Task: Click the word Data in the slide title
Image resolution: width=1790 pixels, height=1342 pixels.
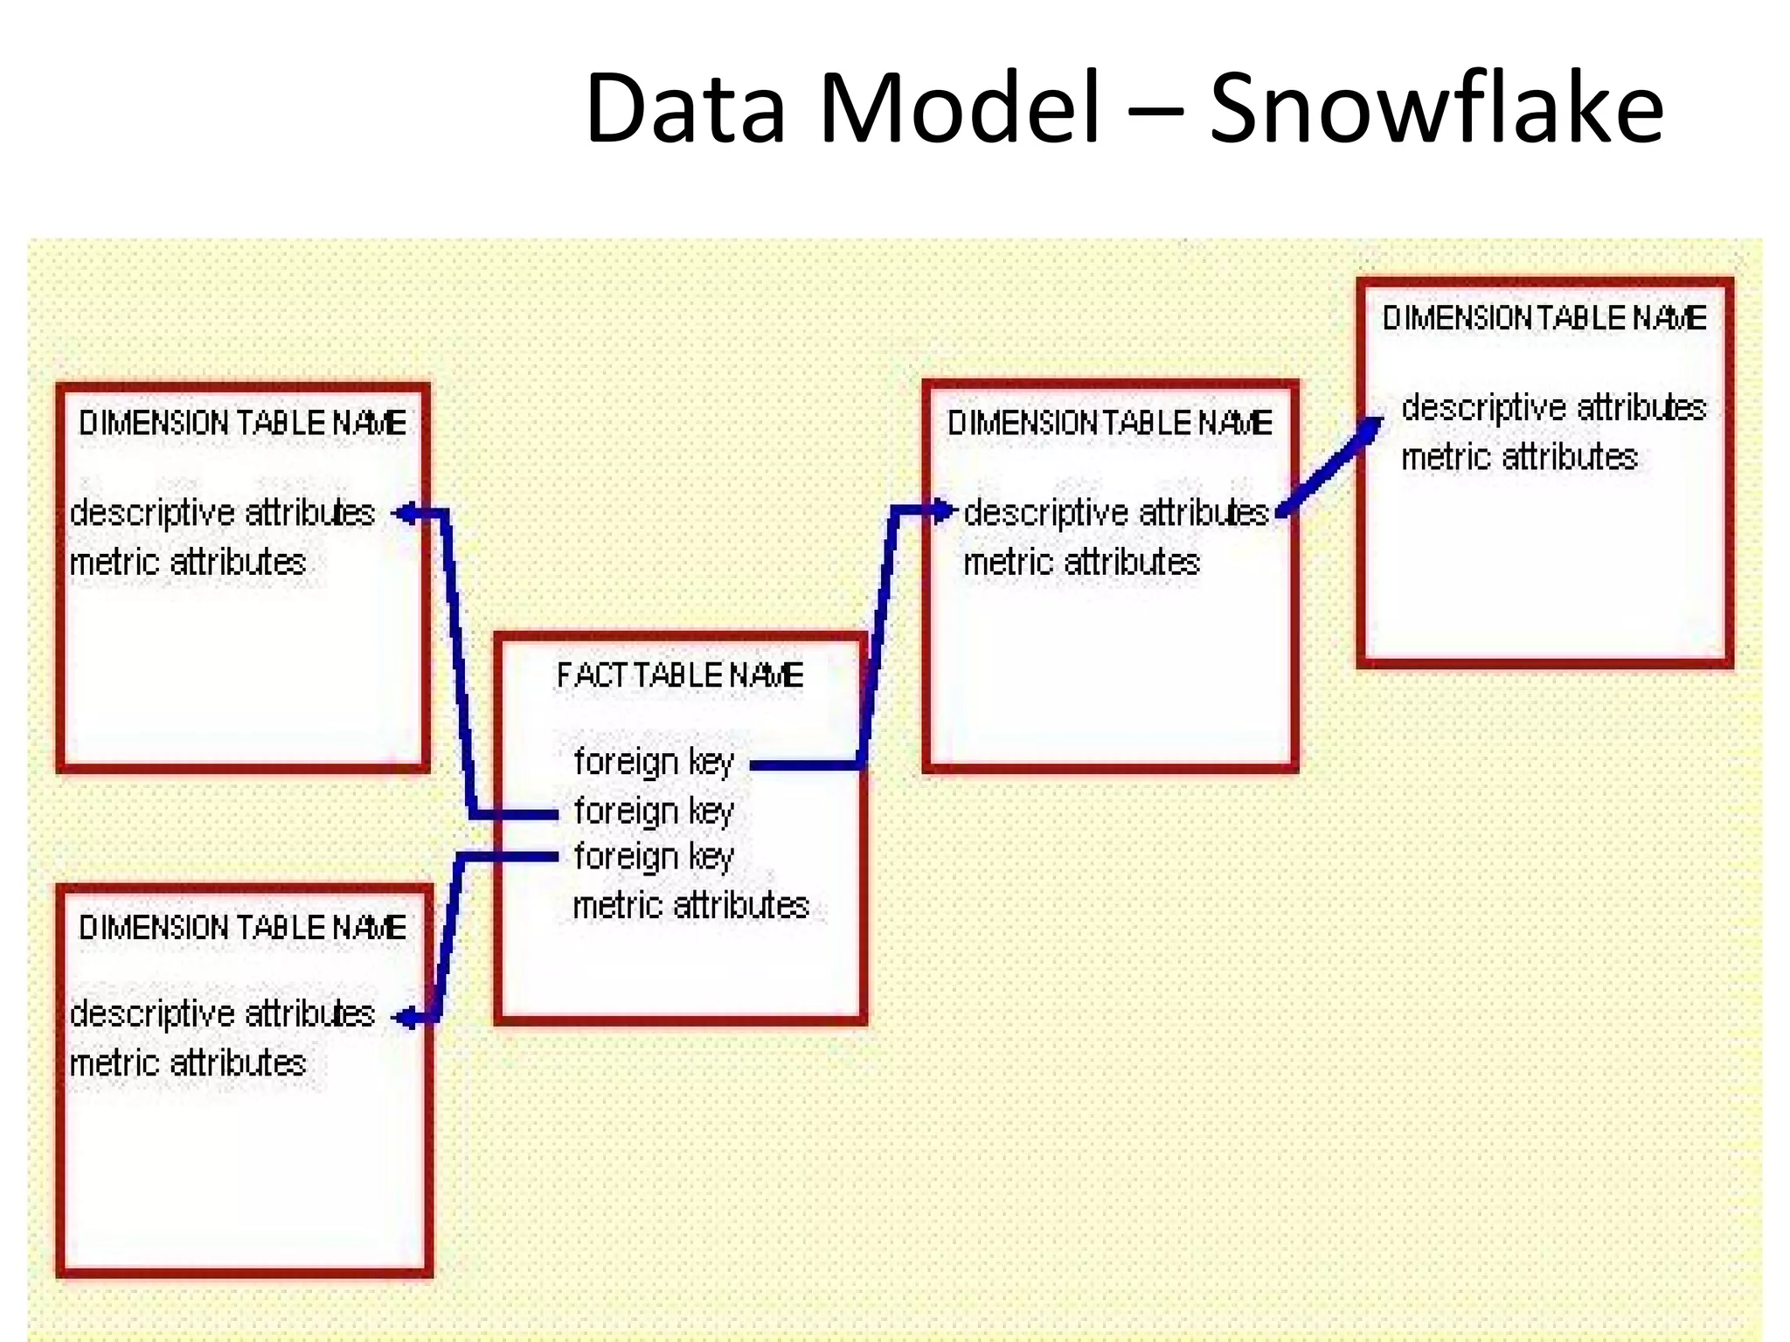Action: pos(685,109)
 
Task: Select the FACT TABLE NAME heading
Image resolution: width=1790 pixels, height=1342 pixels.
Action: pos(680,675)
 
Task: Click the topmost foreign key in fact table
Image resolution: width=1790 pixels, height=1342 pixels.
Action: pos(654,762)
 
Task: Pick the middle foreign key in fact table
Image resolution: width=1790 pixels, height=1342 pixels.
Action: pos(654,811)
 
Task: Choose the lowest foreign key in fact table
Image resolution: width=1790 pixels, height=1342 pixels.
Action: pos(654,856)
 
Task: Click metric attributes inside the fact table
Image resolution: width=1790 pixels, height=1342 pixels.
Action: pos(690,905)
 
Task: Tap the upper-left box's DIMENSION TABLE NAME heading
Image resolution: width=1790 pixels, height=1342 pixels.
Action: pos(242,424)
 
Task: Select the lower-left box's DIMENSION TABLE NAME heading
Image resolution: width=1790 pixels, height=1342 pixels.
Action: pos(242,928)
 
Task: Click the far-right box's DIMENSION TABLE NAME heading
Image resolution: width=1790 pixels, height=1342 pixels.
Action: pos(1544,318)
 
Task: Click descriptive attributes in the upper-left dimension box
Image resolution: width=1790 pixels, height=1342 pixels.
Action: pos(222,513)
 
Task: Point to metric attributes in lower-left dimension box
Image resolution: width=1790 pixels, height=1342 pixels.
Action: pos(188,1063)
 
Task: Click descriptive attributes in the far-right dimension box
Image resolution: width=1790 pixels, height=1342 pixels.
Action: pos(1553,408)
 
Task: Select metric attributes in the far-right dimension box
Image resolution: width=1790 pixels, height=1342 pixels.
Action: pos(1519,457)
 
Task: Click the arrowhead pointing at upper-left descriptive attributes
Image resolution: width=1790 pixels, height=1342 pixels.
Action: pos(404,514)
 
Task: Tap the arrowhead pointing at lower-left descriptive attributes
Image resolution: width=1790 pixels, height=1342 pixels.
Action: pos(404,1018)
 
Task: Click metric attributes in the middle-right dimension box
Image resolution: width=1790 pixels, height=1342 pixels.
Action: pos(1081,562)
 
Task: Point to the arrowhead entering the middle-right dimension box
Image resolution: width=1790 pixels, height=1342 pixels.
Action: pos(944,510)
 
